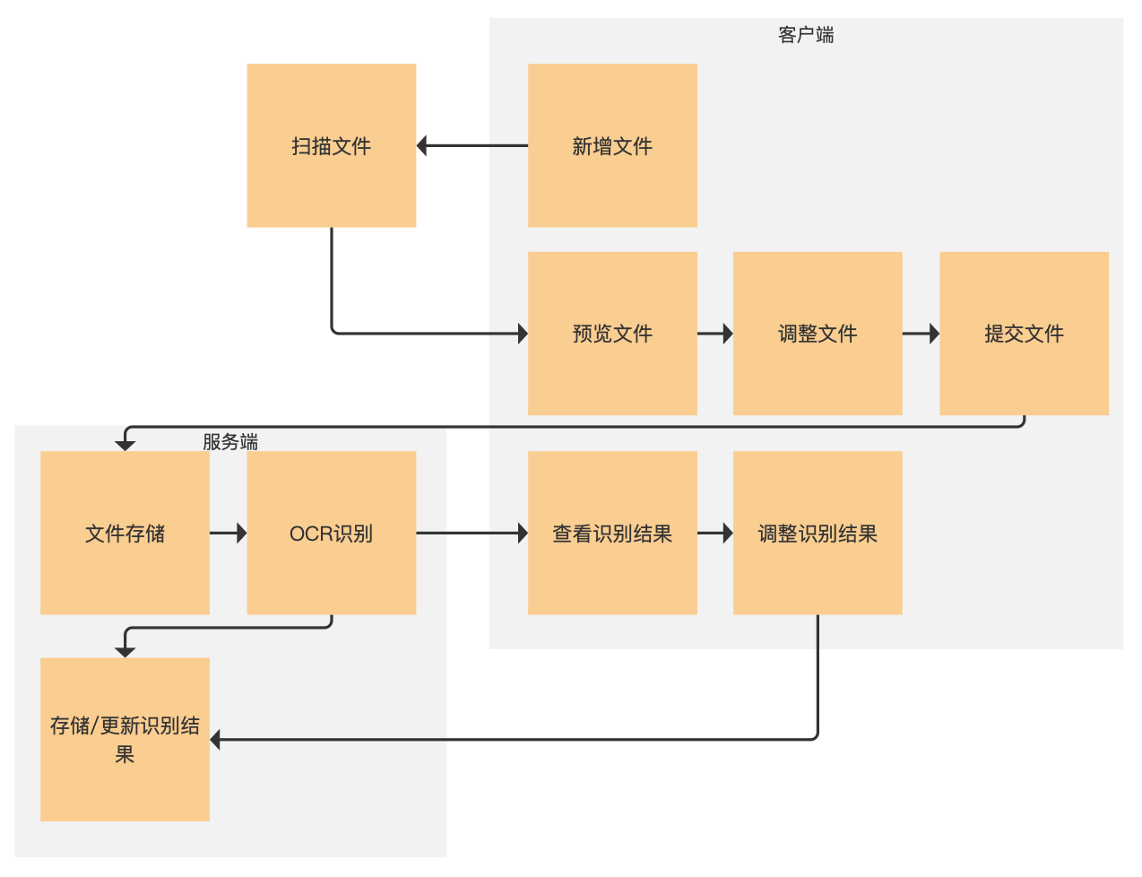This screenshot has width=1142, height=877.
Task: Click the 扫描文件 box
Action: pos(331,145)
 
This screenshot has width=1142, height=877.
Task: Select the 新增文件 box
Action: pos(612,145)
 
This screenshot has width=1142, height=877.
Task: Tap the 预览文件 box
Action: pos(612,334)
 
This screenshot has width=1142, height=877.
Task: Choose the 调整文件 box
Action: pos(818,334)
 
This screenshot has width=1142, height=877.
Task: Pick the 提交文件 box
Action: pos(1024,334)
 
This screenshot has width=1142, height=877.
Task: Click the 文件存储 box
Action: pos(125,533)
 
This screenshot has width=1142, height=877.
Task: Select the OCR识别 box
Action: pos(331,533)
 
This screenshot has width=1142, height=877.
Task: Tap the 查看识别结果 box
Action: pos(612,533)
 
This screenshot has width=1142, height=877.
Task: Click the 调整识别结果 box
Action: pos(818,533)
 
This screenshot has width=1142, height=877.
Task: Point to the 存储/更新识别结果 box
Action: pos(125,739)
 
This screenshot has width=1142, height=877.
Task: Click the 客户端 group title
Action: pos(806,35)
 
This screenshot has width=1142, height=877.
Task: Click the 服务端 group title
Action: pos(230,441)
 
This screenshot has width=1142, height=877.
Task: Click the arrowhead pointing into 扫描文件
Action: pos(422,145)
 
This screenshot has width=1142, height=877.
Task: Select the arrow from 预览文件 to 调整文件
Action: pos(714,334)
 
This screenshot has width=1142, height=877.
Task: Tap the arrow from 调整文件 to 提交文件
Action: pos(921,334)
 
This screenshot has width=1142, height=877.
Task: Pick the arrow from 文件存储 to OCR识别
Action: pos(228,533)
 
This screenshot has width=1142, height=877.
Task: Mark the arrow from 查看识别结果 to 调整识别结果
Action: pos(714,533)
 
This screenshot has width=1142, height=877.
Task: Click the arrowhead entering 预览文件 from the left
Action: pos(523,334)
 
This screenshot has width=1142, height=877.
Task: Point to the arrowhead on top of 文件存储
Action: pos(125,445)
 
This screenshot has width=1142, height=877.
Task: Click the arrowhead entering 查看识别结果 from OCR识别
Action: pos(523,533)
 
